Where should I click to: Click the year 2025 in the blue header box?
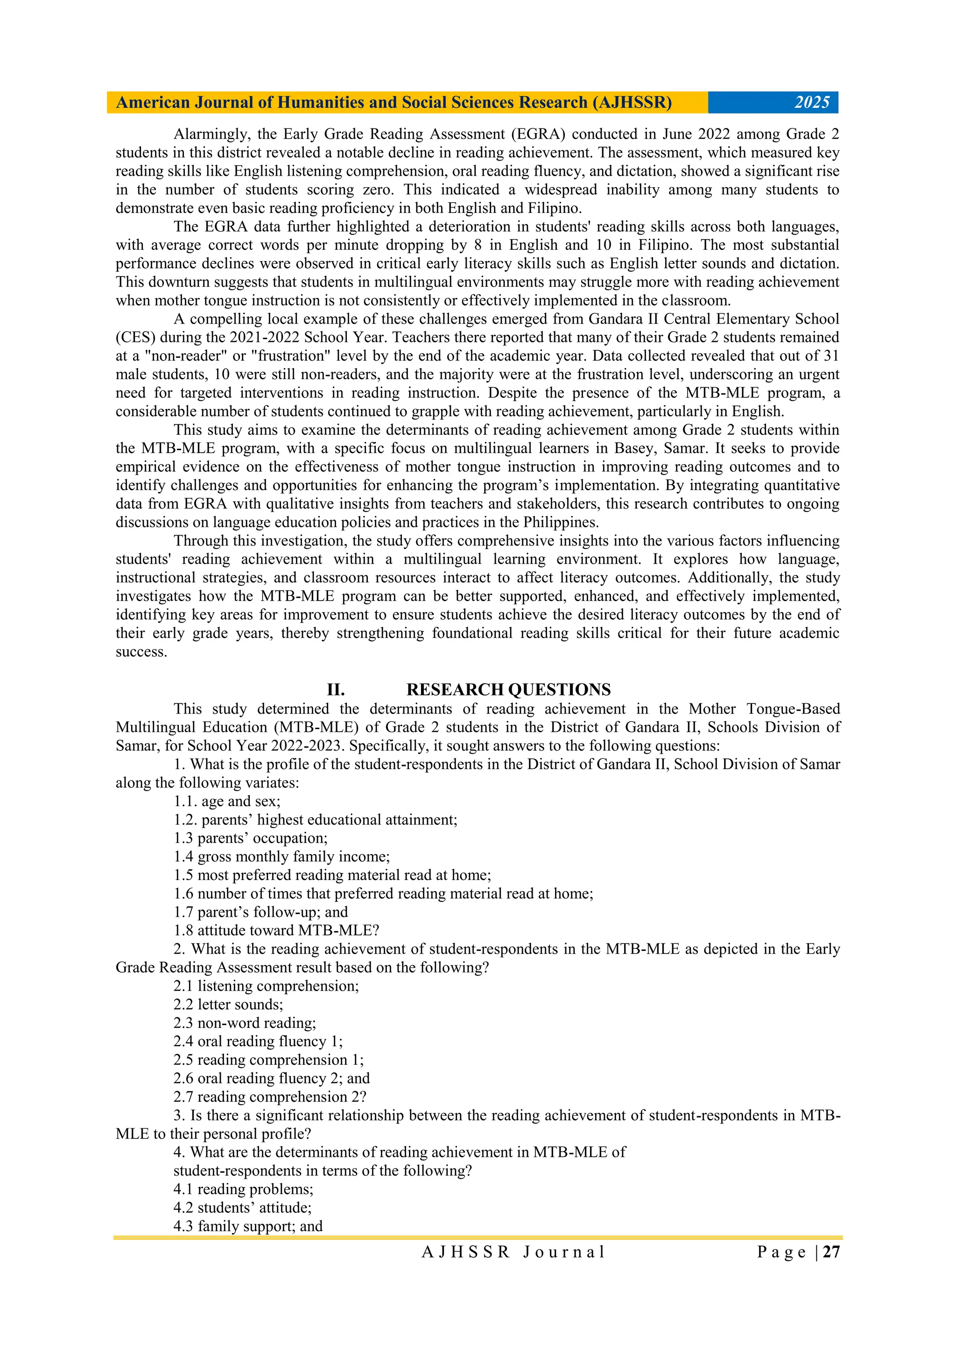click(x=811, y=103)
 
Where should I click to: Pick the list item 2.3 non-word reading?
click(x=245, y=1023)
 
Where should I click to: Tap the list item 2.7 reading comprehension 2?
click(x=270, y=1097)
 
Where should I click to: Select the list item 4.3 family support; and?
click(x=248, y=1226)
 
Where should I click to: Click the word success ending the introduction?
click(x=141, y=652)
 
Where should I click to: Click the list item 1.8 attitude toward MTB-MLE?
click(x=276, y=930)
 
